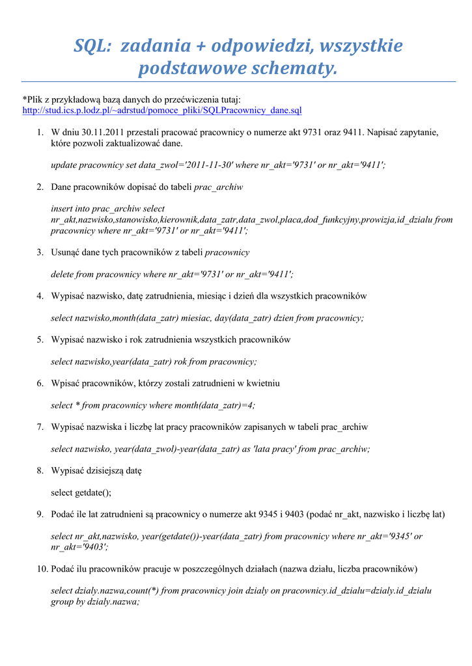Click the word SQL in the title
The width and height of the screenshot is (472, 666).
pos(90,47)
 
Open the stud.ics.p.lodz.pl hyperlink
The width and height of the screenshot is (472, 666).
pos(162,111)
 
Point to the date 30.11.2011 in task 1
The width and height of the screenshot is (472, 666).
pos(104,133)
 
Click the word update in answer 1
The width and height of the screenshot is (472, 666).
pos(64,165)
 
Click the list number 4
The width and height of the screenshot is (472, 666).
pos(40,296)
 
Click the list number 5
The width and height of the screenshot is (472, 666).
pos(40,340)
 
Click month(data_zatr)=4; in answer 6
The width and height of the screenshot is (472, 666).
pos(215,405)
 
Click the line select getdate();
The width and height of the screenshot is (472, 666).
pos(81,492)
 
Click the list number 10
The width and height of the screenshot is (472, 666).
pos(38,569)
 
